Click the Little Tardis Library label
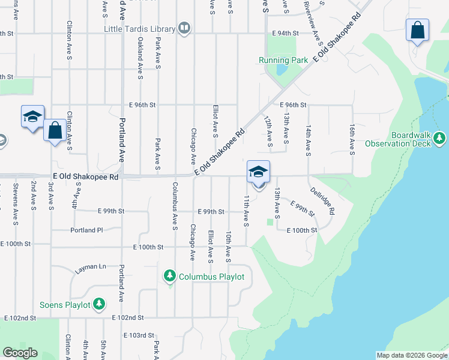[139, 29]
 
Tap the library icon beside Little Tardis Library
[185, 28]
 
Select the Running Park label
[283, 60]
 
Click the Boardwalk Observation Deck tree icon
[440, 139]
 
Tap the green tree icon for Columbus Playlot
[170, 276]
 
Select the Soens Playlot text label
[65, 305]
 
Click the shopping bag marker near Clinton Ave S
[55, 130]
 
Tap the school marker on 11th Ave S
[258, 172]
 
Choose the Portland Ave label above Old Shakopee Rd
[121, 140]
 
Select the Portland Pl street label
[87, 230]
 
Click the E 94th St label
[285, 34]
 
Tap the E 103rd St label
[139, 335]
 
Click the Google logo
[20, 353]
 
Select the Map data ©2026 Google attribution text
[411, 355]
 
